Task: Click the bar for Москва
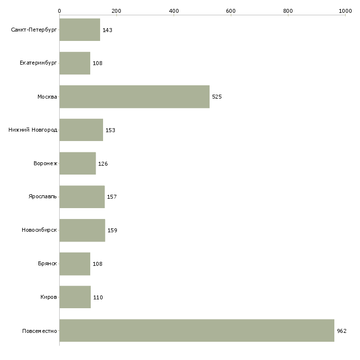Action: (135, 97)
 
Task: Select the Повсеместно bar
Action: (197, 330)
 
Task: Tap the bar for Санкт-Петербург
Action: (80, 30)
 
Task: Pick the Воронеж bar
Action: (77, 163)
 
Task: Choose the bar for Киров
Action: (75, 297)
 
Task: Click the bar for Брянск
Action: (75, 264)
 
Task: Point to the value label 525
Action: (216, 97)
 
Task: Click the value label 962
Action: (342, 331)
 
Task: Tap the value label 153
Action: (110, 130)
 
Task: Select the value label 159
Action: (112, 230)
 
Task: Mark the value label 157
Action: (112, 197)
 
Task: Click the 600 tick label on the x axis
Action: (231, 11)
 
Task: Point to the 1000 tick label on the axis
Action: (345, 11)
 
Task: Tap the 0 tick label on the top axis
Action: (60, 11)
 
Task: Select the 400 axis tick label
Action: (174, 11)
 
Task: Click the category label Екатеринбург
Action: (38, 63)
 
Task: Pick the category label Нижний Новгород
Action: (33, 130)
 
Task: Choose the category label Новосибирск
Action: (39, 230)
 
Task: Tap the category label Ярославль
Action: (42, 196)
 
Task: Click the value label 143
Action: (107, 30)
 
